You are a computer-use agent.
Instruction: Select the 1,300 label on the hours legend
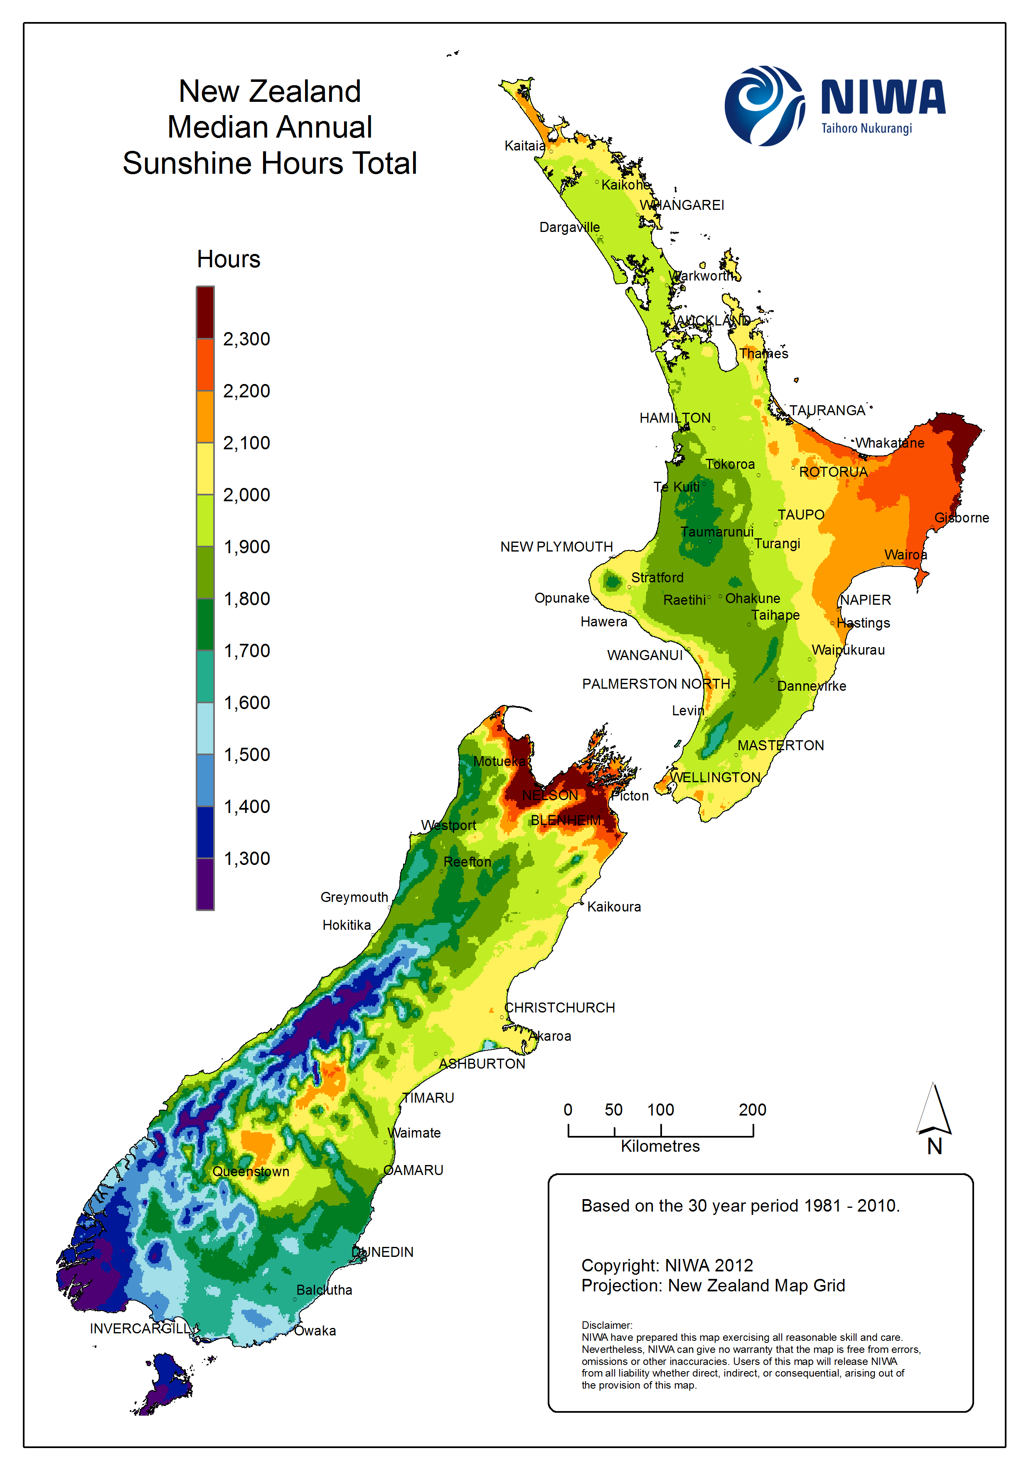(x=246, y=858)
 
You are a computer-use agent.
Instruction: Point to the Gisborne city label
(x=961, y=518)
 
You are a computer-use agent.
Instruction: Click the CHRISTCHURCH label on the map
(x=559, y=1007)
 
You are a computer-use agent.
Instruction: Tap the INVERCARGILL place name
(x=140, y=1328)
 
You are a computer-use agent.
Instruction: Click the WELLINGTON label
(x=715, y=777)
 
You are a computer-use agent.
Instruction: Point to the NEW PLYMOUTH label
(x=556, y=547)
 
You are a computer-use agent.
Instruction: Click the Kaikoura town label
(x=613, y=906)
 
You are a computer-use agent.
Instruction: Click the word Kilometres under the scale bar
(x=660, y=1146)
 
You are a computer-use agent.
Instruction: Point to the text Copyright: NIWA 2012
(x=667, y=1265)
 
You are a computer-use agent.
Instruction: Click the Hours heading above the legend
(x=229, y=259)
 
